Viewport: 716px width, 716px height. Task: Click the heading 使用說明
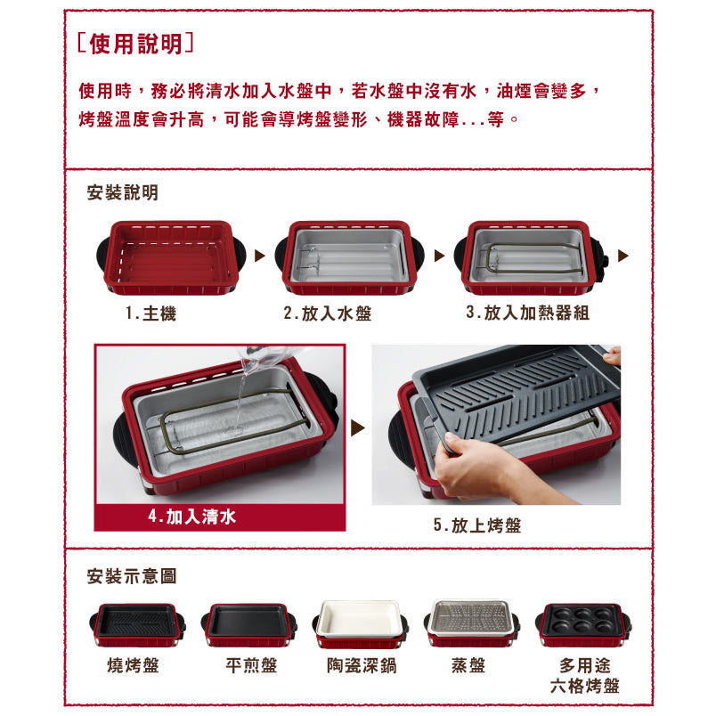[x=136, y=44]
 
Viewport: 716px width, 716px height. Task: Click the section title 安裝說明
[x=122, y=192]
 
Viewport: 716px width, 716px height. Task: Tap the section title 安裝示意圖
[x=132, y=576]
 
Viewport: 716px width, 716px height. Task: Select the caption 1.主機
[x=151, y=313]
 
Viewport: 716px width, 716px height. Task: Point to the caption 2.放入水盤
[x=328, y=313]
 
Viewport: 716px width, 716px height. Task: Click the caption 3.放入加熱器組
[x=527, y=313]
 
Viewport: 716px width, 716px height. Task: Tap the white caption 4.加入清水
[x=191, y=517]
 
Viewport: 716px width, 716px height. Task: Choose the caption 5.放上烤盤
[x=477, y=525]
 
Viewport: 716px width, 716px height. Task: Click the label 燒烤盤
[x=133, y=665]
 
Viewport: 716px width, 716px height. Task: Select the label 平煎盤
[x=251, y=665]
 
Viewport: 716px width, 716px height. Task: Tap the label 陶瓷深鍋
[x=362, y=665]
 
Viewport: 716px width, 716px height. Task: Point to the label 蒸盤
[x=468, y=665]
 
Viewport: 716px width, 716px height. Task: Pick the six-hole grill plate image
[x=583, y=624]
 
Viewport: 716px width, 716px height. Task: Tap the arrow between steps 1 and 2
[x=260, y=256]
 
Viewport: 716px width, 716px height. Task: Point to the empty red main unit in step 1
[x=171, y=258]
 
